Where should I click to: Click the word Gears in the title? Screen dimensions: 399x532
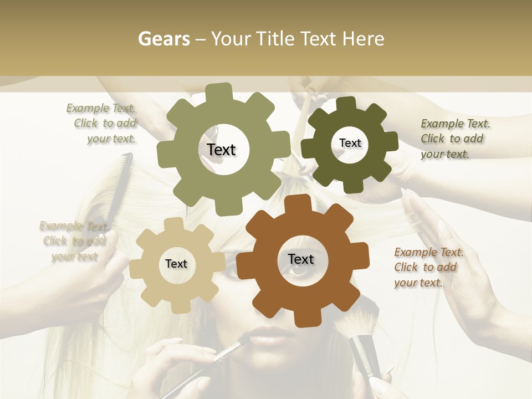coord(163,39)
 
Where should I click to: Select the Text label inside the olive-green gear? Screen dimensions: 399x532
coord(221,150)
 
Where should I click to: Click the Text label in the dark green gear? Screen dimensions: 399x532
coord(350,143)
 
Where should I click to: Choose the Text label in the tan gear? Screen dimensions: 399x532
coord(176,264)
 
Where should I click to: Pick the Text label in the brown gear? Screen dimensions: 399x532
coord(301,259)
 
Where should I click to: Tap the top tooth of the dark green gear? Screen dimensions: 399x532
coord(346,104)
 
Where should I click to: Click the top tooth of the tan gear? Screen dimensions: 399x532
coord(173,224)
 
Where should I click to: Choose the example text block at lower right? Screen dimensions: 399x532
coord(427,268)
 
